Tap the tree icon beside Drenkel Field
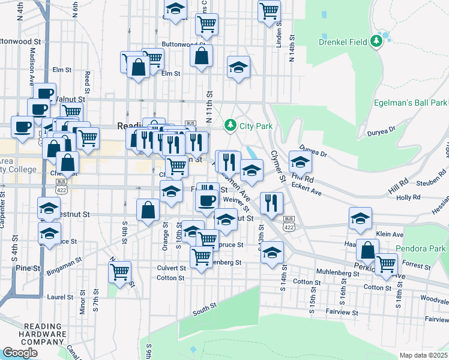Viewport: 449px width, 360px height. pos(376,41)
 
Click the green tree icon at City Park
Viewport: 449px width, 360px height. pos(229,125)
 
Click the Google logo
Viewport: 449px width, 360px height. pos(20,353)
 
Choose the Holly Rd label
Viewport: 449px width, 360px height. pos(408,197)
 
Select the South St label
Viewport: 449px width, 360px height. pos(204,311)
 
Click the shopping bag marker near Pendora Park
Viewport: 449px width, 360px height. pos(367,249)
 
